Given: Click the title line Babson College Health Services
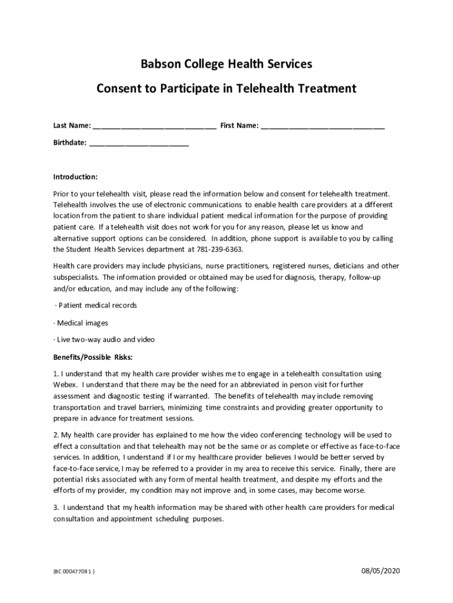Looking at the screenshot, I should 226,64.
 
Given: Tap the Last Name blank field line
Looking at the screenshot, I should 154,127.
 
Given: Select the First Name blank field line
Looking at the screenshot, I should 322,127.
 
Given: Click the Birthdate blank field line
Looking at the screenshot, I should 139,144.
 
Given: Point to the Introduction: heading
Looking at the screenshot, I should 75,177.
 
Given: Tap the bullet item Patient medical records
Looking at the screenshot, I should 97,306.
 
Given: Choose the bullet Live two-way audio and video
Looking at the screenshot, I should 105,340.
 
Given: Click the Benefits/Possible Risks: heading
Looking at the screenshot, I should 93,357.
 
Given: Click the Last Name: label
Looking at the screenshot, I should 72,126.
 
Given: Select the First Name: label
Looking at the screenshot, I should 239,126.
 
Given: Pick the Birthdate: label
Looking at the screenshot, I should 70,143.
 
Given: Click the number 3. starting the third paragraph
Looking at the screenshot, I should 56,508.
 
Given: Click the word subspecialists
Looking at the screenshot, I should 76,277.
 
